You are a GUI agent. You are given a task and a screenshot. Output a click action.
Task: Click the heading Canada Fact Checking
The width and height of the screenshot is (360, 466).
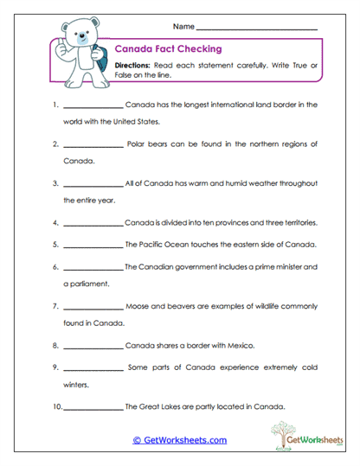point(169,49)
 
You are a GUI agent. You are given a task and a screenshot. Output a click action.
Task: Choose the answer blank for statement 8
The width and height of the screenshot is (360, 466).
point(93,347)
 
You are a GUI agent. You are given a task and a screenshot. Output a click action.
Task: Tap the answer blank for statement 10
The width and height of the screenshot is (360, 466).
point(93,407)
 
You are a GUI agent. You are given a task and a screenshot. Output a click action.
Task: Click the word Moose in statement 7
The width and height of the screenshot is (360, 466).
point(140,306)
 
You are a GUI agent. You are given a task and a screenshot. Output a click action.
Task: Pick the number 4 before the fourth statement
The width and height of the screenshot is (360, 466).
point(55,223)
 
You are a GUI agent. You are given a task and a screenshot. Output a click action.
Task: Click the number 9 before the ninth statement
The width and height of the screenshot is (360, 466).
point(55,367)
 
